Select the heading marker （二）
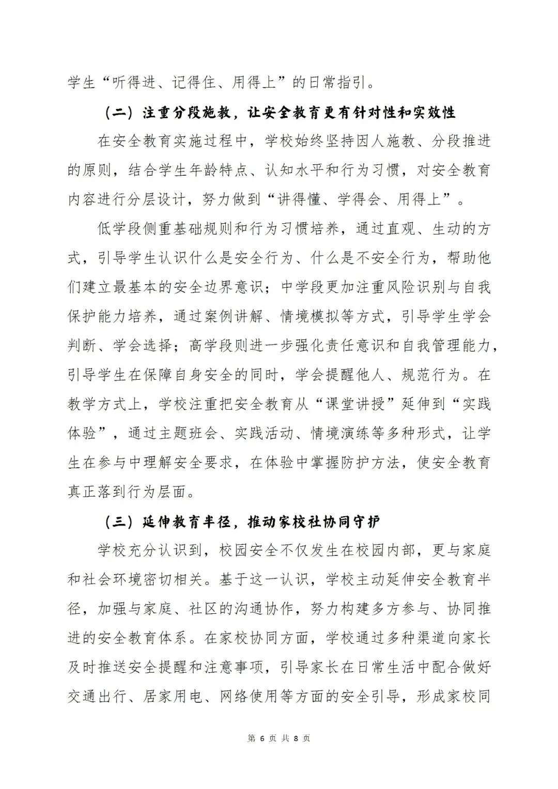[120, 113]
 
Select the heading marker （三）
[120, 522]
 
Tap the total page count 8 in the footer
[296, 738]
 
